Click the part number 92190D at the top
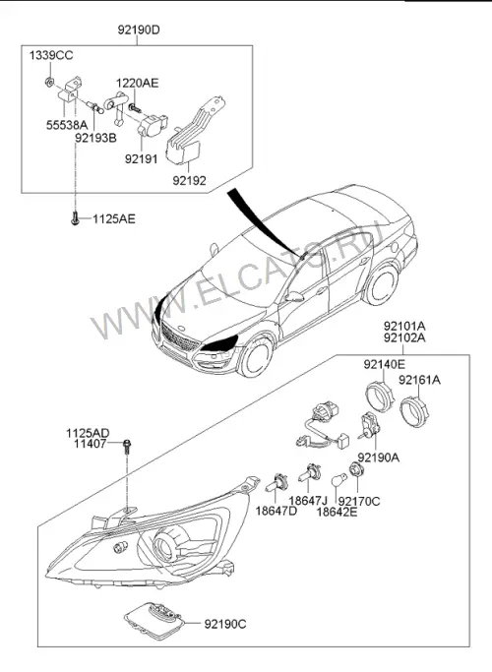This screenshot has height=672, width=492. click(x=139, y=30)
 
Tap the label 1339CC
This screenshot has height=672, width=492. click(x=51, y=55)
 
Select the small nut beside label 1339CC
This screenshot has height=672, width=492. click(x=50, y=80)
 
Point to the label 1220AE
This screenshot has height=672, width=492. click(x=137, y=84)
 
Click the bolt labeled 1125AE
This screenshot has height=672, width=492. click(x=75, y=218)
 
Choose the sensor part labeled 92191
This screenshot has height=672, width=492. click(x=153, y=123)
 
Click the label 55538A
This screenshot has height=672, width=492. click(x=67, y=125)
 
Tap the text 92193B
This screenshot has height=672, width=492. click(x=95, y=138)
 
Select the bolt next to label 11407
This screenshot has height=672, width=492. click(x=127, y=447)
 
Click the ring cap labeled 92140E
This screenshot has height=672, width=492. click(x=379, y=396)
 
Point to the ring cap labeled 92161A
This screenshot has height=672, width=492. click(x=414, y=411)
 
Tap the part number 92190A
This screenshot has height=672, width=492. click(x=379, y=458)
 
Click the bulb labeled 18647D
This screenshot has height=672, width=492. click(x=276, y=482)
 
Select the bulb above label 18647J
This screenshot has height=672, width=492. click(x=310, y=472)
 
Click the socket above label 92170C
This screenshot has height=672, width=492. click(x=356, y=470)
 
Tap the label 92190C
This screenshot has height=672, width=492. click(x=225, y=625)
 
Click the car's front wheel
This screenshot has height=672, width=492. click(x=255, y=357)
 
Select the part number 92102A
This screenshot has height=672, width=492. click(x=404, y=338)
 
